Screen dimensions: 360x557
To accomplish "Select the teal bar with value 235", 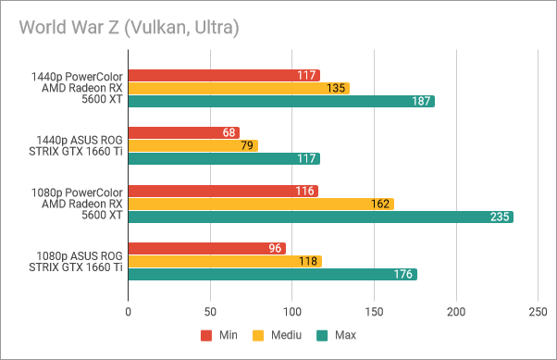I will [x=320, y=217].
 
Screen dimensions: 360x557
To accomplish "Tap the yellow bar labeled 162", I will [x=261, y=204].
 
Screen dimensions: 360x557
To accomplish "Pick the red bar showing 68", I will [x=183, y=133].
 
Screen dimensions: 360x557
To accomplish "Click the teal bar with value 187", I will [x=281, y=101].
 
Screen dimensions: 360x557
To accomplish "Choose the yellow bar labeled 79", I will [x=192, y=145].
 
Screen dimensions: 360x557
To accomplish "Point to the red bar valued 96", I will [x=206, y=249].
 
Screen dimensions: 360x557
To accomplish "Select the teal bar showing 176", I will [x=272, y=274].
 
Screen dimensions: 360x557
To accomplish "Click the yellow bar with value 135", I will [x=239, y=88].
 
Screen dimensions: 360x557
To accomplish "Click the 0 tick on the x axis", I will [x=128, y=314].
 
